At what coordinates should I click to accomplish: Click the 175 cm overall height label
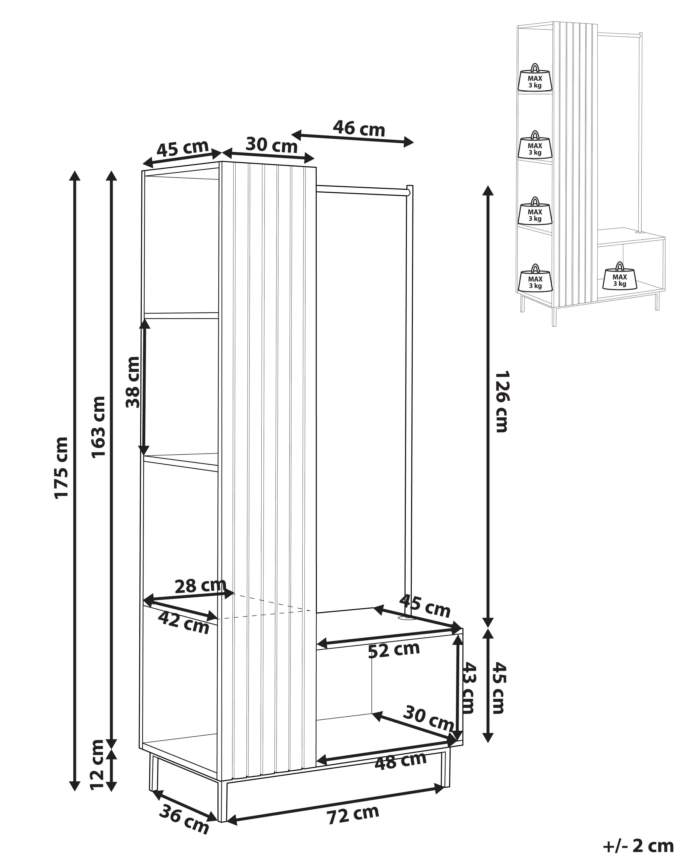(61, 467)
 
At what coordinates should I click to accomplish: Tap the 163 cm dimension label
(99, 427)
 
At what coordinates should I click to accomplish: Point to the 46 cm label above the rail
(359, 128)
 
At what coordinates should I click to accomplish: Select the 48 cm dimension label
(400, 761)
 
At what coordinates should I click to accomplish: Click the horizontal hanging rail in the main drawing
(362, 190)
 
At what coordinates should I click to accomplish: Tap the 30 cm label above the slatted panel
(272, 145)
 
